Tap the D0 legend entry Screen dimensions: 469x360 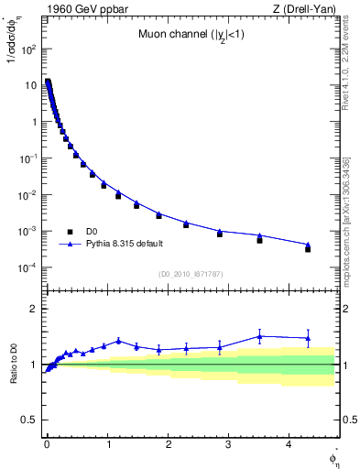[93, 232]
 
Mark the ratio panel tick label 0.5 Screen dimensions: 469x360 [28, 420]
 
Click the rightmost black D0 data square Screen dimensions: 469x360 [308, 249]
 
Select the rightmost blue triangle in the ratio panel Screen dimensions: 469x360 [308, 338]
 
